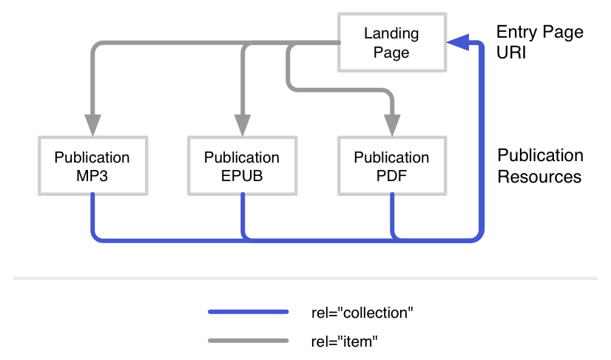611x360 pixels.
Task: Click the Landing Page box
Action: (x=392, y=43)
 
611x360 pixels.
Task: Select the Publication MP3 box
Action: (x=92, y=166)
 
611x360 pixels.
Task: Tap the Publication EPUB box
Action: (x=242, y=166)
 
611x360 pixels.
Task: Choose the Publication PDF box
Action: (x=391, y=166)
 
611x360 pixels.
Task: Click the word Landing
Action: (x=391, y=34)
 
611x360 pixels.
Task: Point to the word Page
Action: (x=391, y=53)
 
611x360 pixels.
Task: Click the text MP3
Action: (x=92, y=177)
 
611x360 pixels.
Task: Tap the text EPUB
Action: (x=242, y=177)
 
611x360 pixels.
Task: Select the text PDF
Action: (x=391, y=177)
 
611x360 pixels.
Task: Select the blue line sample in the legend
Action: (x=249, y=312)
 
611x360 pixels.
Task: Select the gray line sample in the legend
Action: (x=249, y=341)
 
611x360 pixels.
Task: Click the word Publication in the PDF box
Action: (x=391, y=157)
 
